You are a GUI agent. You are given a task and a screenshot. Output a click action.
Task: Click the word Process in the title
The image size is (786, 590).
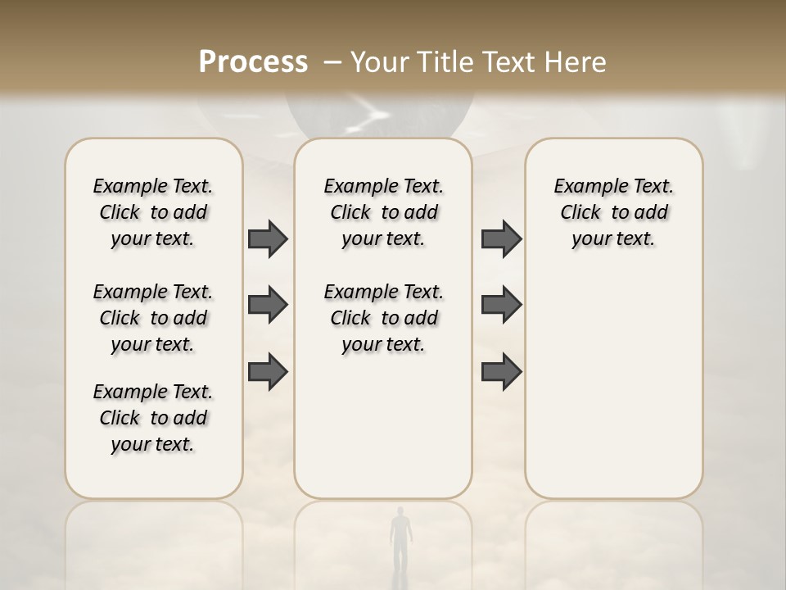pos(253,62)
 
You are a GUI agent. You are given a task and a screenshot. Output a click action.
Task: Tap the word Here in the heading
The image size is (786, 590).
pos(577,62)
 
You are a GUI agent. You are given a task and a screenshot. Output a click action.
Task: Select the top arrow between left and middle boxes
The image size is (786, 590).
pos(268,238)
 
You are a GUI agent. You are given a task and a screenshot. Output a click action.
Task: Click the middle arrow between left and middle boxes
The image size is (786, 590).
pos(268,305)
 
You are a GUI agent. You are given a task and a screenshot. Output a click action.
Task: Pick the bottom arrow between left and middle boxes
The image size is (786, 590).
pos(268,372)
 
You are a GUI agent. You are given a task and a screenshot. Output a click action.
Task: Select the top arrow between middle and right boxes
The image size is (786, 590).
pos(501,238)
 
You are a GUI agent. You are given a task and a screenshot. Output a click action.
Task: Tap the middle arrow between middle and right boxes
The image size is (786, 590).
pos(501,305)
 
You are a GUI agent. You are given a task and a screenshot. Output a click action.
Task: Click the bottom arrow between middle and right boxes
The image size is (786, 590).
pos(501,372)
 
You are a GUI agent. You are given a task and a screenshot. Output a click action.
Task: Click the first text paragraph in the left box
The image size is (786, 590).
pos(153,212)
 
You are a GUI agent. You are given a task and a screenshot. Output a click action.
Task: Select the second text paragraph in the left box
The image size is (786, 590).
pos(153,318)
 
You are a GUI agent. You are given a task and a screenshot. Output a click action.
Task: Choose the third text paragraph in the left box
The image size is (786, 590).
pos(153,418)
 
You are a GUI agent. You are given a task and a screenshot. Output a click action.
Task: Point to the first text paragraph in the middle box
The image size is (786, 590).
pos(383,212)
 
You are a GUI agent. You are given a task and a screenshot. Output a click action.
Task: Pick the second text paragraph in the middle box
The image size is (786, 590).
pos(383,318)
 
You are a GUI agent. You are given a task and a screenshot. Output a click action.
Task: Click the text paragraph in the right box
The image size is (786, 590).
pos(613,212)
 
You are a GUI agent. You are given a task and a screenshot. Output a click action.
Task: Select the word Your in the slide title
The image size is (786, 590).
pos(380,62)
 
